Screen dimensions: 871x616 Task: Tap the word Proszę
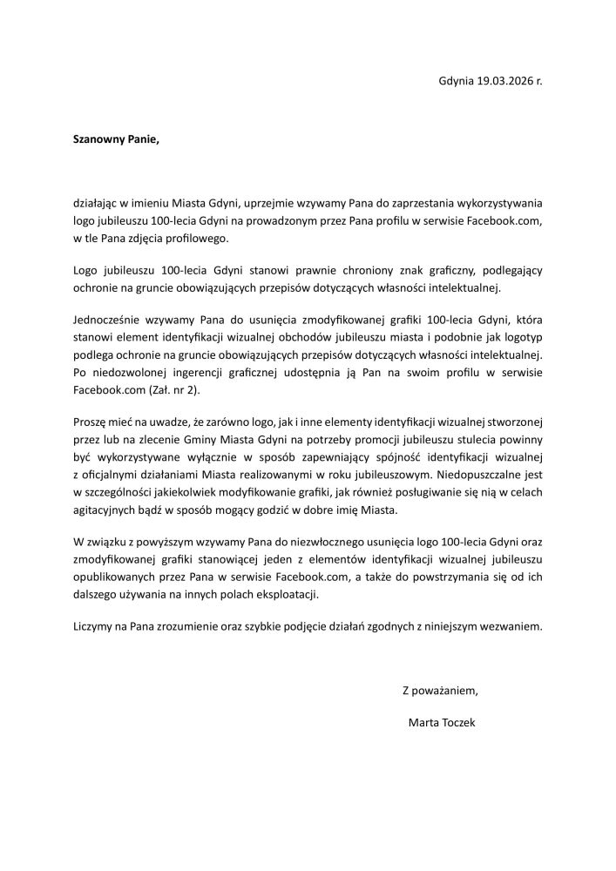(x=91, y=423)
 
